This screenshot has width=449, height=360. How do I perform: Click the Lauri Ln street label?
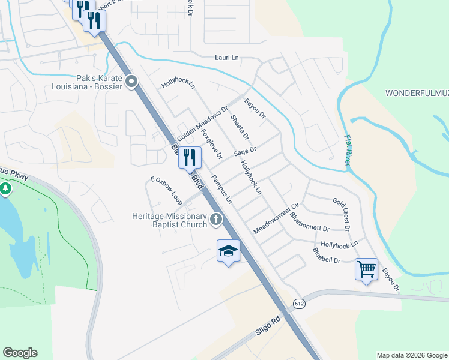tap(227, 58)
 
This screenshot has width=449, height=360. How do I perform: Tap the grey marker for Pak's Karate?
tap(132, 82)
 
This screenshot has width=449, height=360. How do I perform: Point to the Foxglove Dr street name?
tap(212, 144)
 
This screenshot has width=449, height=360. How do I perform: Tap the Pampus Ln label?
tap(222, 190)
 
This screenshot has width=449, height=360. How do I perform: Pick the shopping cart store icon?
tap(366, 268)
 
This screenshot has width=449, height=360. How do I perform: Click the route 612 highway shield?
tap(299, 304)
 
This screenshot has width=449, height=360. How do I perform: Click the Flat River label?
tap(348, 149)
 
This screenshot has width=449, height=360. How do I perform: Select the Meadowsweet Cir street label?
tap(276, 218)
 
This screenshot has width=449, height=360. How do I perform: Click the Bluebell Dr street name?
tap(327, 256)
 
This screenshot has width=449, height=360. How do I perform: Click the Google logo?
tap(20, 353)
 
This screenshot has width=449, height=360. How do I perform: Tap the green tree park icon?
tap(6, 190)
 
